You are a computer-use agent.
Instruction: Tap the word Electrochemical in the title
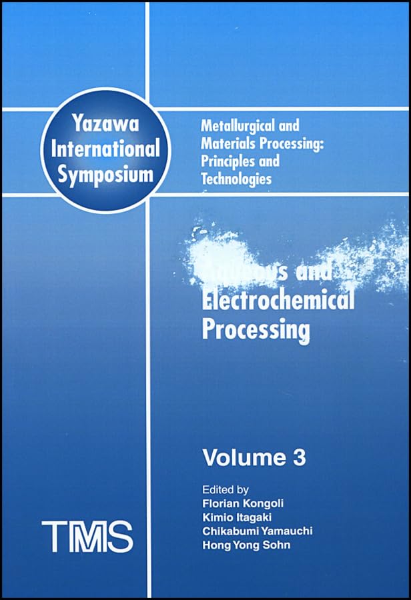tap(278, 301)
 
